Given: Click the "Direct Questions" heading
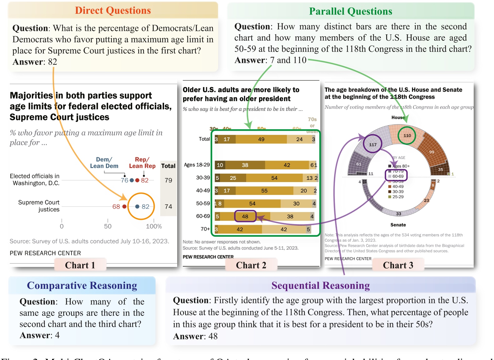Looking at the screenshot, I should (113, 11).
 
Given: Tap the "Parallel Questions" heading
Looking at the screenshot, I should (351, 12).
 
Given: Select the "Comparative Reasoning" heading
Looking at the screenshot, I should (82, 286).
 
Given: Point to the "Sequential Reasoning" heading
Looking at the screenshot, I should (320, 286).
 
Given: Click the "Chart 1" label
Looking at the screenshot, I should (80, 265).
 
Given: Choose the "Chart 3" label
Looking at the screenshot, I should (398, 265).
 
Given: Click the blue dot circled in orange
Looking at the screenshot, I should (137, 206).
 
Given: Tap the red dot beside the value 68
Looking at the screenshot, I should (124, 206).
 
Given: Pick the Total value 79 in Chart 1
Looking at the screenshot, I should (168, 180).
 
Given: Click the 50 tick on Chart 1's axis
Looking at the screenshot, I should (108, 226).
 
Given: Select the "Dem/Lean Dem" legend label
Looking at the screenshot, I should (104, 163).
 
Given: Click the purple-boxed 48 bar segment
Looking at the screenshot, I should (245, 216).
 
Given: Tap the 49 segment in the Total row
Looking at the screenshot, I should (261, 139).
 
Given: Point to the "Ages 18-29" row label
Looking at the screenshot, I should (197, 165).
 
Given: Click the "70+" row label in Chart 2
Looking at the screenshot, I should (205, 229).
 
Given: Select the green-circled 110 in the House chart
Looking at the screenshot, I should (407, 136).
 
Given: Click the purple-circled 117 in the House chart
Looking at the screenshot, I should (373, 145).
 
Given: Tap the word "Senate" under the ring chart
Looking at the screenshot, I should (398, 225).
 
